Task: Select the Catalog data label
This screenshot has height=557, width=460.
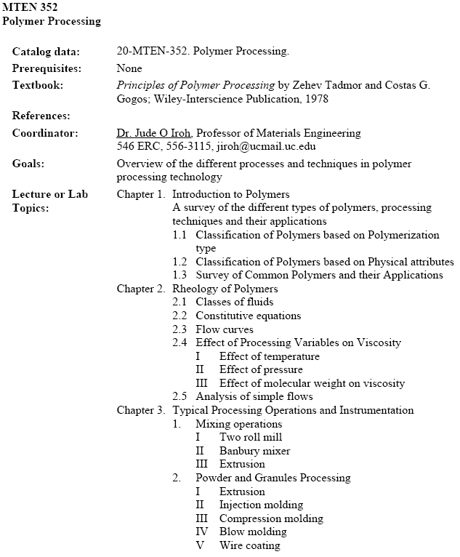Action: tap(46, 52)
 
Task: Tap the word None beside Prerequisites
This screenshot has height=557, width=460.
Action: tap(129, 68)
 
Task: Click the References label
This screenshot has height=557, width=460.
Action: tap(41, 116)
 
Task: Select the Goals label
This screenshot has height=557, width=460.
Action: tap(28, 164)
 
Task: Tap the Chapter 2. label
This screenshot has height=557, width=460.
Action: tap(141, 289)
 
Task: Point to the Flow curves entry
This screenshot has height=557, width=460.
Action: tap(225, 329)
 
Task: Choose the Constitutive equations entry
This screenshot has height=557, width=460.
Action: tap(248, 316)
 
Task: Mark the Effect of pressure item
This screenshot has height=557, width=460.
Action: tap(261, 370)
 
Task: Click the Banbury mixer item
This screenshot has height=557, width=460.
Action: tap(254, 451)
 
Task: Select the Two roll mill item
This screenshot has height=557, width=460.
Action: tap(251, 437)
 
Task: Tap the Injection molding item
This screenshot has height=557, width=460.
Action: tap(261, 505)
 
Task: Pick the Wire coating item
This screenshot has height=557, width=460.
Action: tap(249, 545)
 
